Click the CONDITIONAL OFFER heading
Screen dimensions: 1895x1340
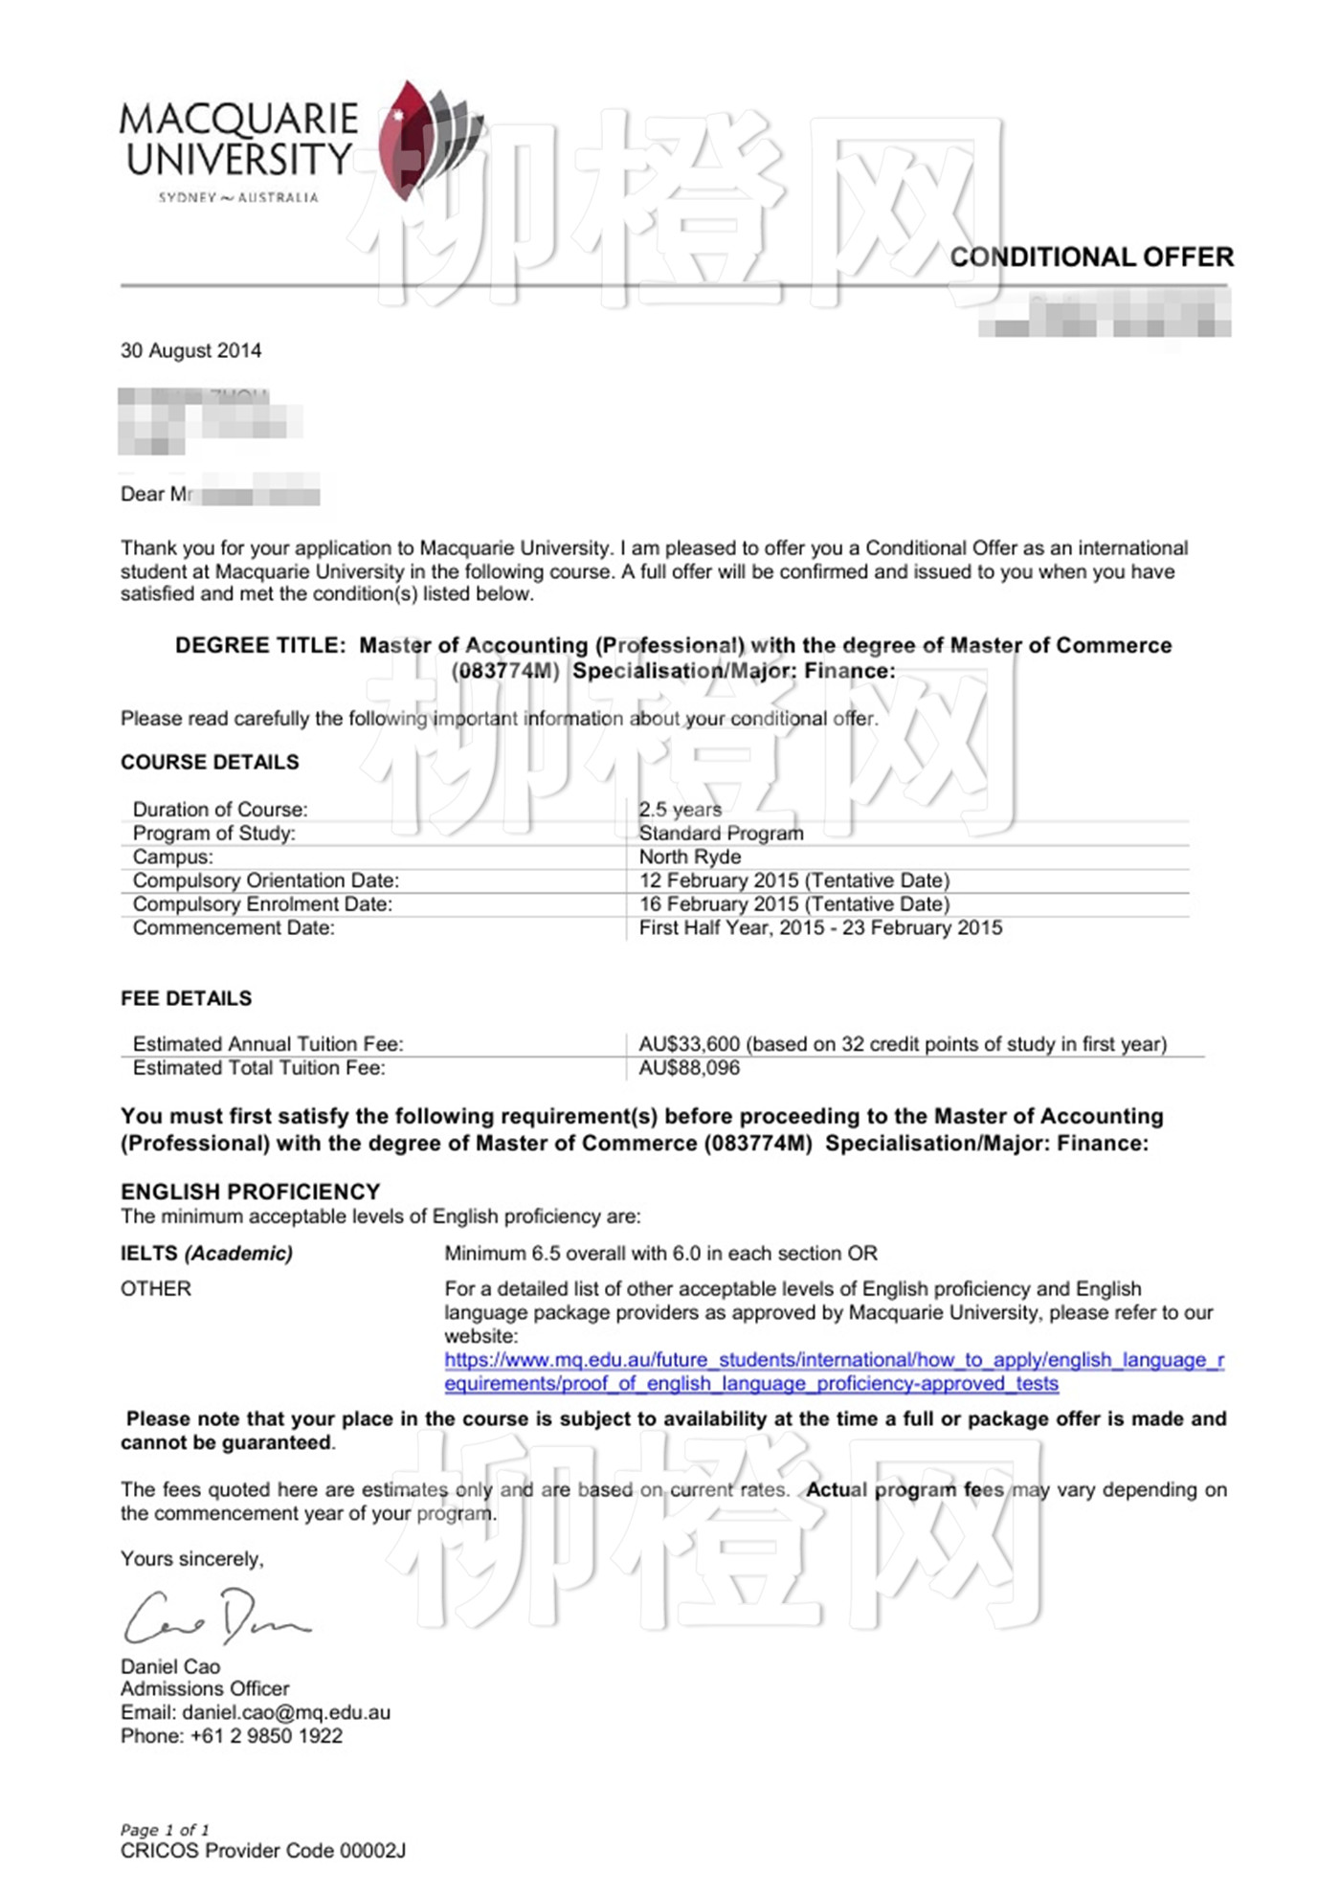click(x=1091, y=256)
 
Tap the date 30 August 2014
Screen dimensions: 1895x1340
click(x=190, y=350)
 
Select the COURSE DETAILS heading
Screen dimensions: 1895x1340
click(x=210, y=762)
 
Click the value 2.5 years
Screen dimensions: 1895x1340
click(x=681, y=810)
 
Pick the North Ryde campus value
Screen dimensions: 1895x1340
click(x=690, y=857)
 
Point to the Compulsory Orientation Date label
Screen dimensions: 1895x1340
click(x=266, y=881)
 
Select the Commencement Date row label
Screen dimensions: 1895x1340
click(x=234, y=927)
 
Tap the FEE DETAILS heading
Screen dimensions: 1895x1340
click(x=187, y=998)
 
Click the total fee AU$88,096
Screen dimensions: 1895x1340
click(x=689, y=1068)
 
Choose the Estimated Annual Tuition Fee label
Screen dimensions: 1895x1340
click(x=268, y=1044)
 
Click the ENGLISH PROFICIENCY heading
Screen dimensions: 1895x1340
click(x=251, y=1192)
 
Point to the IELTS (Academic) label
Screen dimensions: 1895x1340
click(x=207, y=1253)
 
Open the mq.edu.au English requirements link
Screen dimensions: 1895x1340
click(x=833, y=1371)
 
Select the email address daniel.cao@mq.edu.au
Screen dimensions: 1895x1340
click(x=286, y=1712)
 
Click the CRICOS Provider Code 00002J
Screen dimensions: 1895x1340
click(x=263, y=1850)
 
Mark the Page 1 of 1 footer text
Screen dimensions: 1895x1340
click(x=165, y=1829)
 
